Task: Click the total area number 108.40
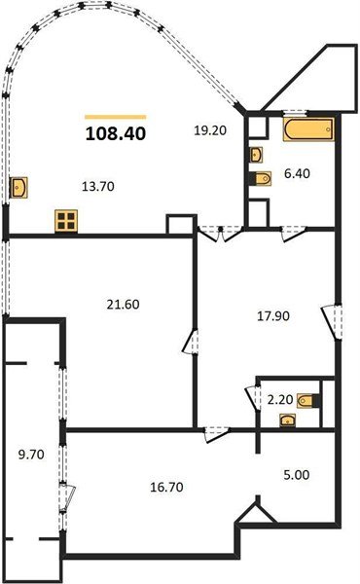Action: pyautogui.click(x=115, y=133)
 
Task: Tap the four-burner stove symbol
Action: pyautogui.click(x=65, y=221)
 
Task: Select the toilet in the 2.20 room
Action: pyautogui.click(x=307, y=399)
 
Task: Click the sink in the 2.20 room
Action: pyautogui.click(x=285, y=420)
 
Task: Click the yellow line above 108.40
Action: pyautogui.click(x=115, y=116)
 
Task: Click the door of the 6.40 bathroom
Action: pyautogui.click(x=290, y=232)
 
